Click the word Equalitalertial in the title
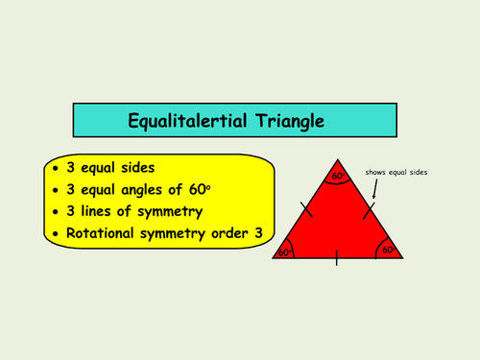coord(187,122)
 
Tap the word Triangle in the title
coord(290,122)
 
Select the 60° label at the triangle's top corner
coord(339,176)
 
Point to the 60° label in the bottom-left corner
coord(285,252)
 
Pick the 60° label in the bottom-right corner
coord(389,250)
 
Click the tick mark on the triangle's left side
coord(306,209)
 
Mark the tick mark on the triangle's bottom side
coord(337,258)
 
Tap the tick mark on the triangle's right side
coord(369,210)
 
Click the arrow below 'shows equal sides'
coord(375,189)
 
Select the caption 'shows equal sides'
coord(396,172)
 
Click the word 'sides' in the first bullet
coord(137,168)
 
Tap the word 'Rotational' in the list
coord(100,233)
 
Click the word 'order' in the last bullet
coord(229,233)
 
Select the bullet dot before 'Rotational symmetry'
coord(56,234)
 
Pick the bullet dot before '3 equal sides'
coord(56,168)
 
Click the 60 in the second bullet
coord(197,189)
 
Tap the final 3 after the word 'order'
coord(258,233)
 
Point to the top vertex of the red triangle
coord(338,159)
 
